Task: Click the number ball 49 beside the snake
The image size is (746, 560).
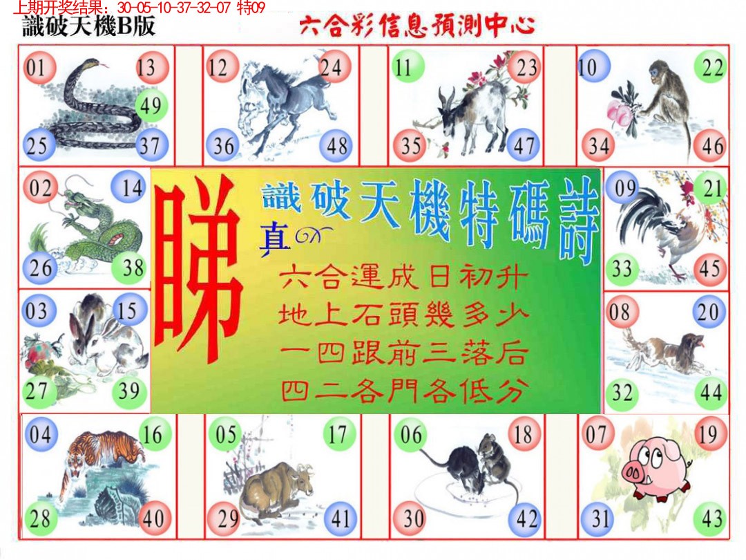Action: coord(149,106)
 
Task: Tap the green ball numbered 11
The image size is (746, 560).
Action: coord(404,68)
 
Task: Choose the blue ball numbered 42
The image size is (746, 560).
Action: coord(526,519)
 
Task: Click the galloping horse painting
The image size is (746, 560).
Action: coord(283,107)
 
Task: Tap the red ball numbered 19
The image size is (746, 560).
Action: coord(707,435)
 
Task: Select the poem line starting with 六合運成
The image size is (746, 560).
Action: coord(404,280)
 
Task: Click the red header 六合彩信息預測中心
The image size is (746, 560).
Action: coord(417,26)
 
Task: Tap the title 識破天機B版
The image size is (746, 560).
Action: coord(88,26)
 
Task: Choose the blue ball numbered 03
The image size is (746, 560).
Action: coord(37,310)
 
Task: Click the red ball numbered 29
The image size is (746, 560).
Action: coord(227,519)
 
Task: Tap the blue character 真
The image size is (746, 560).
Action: coord(274,239)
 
